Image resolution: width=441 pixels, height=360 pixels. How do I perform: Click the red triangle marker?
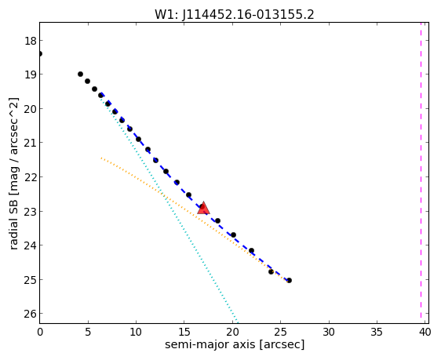(203, 208)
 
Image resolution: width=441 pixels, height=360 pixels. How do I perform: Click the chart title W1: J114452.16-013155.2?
(235, 15)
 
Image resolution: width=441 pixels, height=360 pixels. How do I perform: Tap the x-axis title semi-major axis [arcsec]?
(235, 344)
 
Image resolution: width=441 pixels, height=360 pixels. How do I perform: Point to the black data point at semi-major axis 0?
(40, 53)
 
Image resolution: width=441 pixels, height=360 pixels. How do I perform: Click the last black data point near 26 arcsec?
(289, 280)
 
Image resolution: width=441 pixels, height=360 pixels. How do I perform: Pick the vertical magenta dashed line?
(421, 170)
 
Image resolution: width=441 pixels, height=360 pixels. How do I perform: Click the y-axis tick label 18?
(31, 41)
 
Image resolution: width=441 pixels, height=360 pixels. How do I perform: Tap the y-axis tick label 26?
(31, 314)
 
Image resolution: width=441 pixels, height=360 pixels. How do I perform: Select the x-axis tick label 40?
(425, 333)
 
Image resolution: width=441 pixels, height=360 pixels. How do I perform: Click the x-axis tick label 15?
(184, 333)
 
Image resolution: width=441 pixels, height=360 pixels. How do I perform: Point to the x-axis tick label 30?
(329, 333)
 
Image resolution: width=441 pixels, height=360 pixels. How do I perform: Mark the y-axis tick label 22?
(31, 177)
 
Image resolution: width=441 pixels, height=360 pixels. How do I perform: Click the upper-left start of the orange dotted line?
(101, 158)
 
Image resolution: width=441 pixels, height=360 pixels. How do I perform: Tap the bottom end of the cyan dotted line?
(238, 322)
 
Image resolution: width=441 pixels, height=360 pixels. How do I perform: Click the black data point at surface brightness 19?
(81, 75)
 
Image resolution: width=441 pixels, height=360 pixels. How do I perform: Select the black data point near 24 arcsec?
(272, 271)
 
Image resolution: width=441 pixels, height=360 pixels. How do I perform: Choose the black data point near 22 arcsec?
(251, 250)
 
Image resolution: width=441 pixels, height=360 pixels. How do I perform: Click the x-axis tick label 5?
(88, 333)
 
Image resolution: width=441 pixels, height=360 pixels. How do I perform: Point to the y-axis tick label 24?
(31, 245)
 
